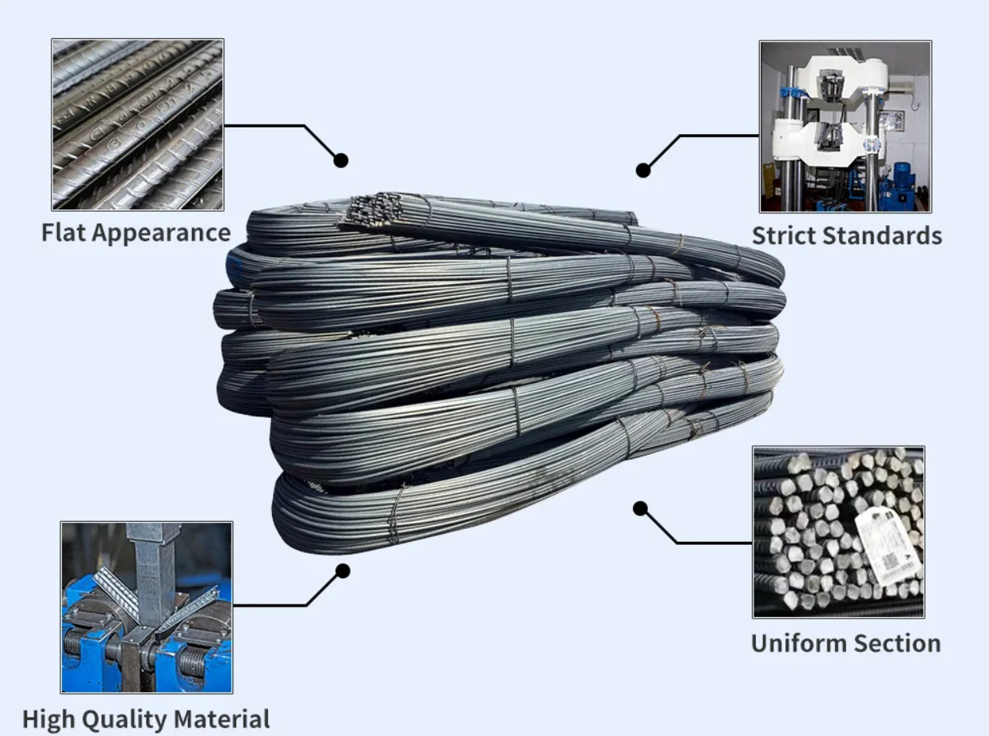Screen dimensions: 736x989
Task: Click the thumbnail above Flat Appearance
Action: click(x=137, y=125)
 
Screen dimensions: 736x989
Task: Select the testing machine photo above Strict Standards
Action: click(x=845, y=127)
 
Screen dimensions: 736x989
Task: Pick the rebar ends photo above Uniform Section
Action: click(x=838, y=531)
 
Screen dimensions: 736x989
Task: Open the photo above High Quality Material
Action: click(x=147, y=607)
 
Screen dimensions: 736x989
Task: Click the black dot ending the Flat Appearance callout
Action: click(x=341, y=160)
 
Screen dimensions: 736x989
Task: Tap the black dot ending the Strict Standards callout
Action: click(x=643, y=169)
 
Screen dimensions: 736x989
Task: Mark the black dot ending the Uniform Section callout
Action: click(x=640, y=508)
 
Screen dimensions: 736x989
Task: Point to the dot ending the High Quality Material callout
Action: click(x=343, y=570)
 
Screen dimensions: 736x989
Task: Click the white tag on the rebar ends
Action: click(x=888, y=546)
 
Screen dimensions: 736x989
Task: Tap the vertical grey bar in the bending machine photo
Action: click(x=155, y=571)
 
